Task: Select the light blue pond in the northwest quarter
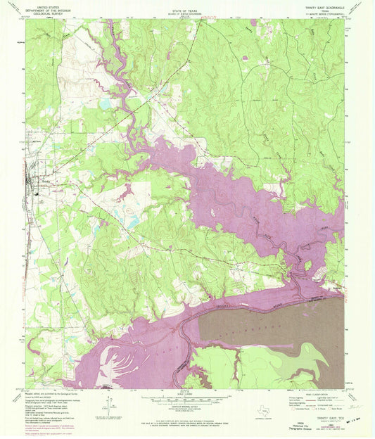point(106,103)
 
